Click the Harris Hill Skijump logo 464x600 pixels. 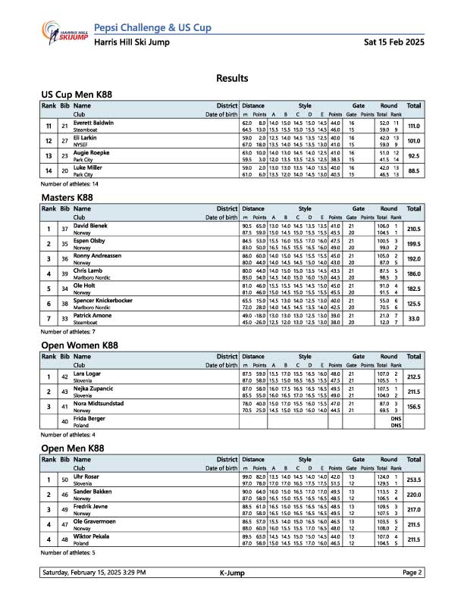click(65, 33)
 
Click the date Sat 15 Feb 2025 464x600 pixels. click(395, 42)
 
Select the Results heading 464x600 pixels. click(232, 78)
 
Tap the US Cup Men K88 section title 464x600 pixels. click(77, 94)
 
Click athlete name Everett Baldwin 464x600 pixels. click(93, 123)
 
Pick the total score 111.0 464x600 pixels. click(413, 126)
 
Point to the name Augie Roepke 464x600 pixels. click(91, 153)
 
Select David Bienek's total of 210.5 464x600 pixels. click(413, 229)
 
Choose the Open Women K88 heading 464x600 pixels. click(80, 345)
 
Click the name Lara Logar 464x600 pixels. click(86, 373)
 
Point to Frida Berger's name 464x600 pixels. click(89, 417)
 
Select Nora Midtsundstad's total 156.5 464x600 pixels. click(413, 407)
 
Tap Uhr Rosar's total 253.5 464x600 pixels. click(413, 480)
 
